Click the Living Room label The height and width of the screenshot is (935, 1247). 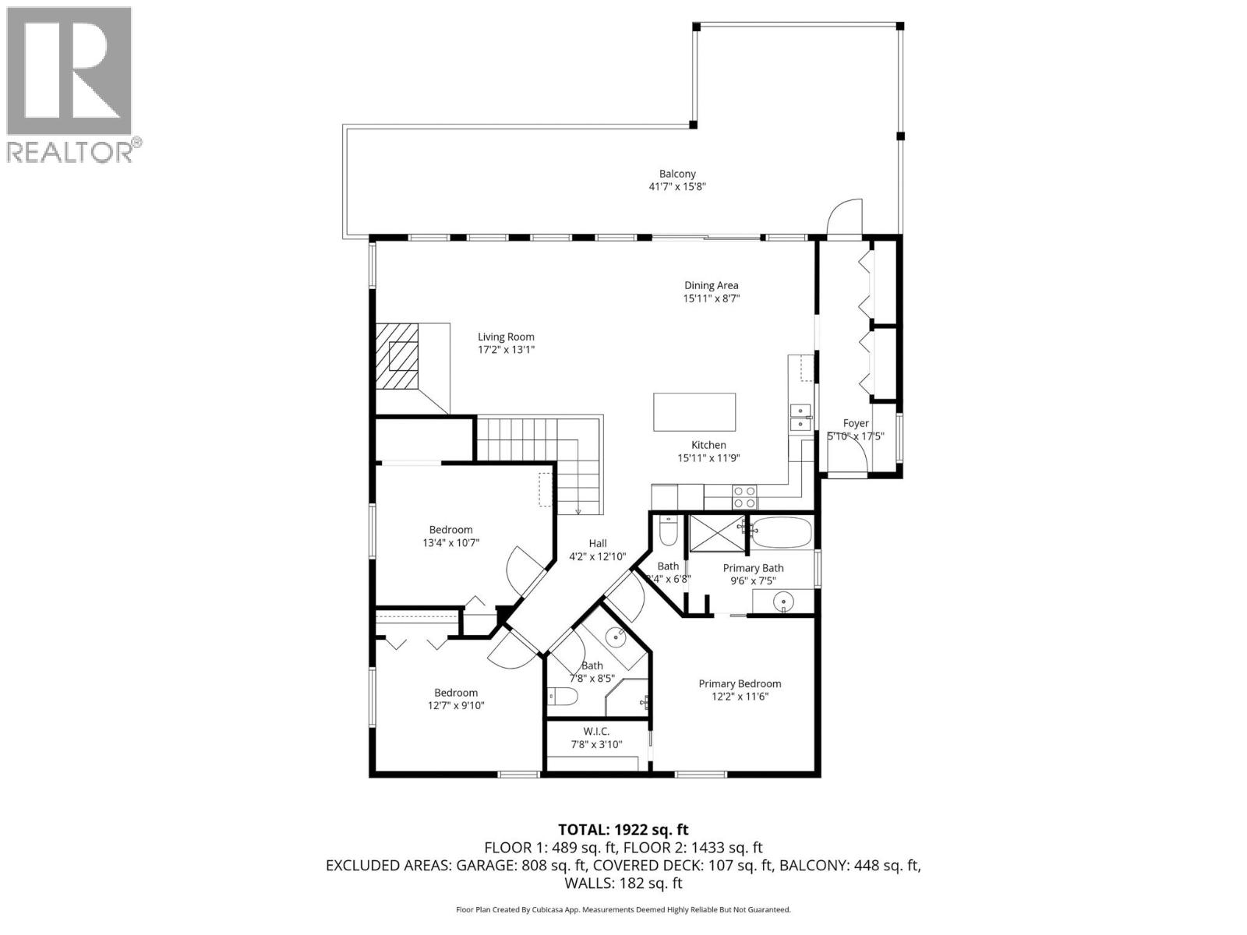(506, 337)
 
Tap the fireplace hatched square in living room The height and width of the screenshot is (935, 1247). (404, 356)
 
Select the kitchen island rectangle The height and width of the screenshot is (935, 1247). (694, 412)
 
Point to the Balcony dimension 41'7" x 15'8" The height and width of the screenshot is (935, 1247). (676, 187)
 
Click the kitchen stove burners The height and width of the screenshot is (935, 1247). (744, 491)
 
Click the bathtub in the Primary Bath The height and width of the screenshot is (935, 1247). (782, 532)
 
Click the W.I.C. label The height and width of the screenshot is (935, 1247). (596, 731)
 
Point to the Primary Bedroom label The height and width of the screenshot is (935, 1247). (739, 683)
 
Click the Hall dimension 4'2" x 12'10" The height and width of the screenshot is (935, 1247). (598, 556)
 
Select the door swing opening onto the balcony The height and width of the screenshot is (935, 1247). (844, 217)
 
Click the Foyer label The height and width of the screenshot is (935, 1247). (856, 423)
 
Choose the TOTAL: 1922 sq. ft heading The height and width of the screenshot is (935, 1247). (623, 830)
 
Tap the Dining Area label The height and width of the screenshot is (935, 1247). (711, 285)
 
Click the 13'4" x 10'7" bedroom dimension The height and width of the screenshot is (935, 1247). (450, 542)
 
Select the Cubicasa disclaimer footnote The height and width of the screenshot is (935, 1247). (623, 909)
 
